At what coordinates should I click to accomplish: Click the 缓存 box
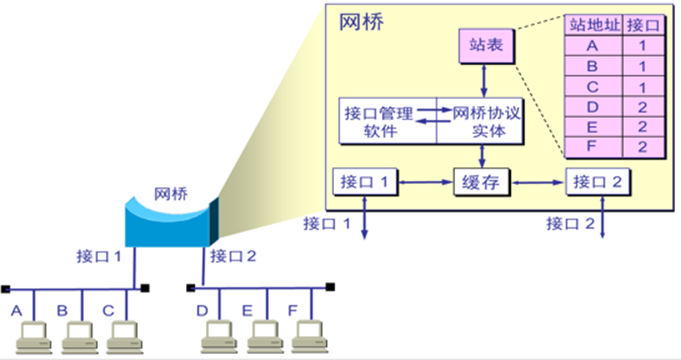tap(484, 183)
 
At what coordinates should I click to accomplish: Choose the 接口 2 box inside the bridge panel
tap(600, 183)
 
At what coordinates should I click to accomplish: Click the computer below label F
tap(307, 336)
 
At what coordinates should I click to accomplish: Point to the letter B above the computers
tap(62, 310)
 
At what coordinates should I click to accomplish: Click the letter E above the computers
tap(246, 310)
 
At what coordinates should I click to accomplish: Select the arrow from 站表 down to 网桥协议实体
tap(484, 79)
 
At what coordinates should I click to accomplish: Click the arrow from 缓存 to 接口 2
tap(539, 183)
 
